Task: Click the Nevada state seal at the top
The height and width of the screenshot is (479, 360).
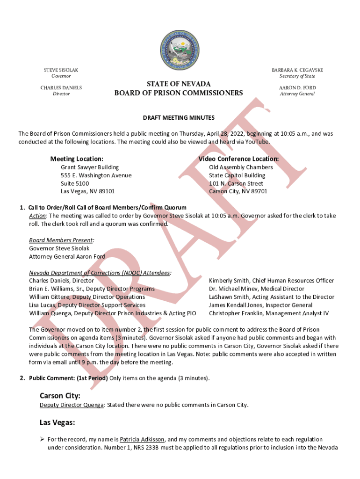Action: click(180, 50)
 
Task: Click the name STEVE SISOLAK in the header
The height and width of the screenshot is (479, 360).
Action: click(61, 70)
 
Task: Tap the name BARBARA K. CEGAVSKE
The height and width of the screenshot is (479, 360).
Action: click(297, 70)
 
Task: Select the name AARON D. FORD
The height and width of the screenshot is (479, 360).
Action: click(297, 88)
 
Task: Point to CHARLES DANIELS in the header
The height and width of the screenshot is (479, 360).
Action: click(61, 88)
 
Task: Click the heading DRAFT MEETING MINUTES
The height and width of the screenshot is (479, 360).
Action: click(179, 117)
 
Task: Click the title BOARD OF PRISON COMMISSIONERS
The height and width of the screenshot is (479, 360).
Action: click(179, 93)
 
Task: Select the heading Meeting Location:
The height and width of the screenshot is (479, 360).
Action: click(77, 159)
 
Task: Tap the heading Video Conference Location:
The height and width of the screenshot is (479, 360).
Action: click(238, 159)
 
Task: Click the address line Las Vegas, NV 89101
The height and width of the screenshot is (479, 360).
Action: click(88, 191)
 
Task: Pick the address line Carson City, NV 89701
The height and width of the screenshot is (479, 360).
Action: click(238, 191)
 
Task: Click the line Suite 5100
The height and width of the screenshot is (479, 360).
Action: click(75, 183)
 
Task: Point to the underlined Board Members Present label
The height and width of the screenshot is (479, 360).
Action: click(61, 240)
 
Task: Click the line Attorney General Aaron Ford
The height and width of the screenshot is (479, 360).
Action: click(67, 256)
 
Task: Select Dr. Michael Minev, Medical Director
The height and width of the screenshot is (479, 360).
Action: click(256, 289)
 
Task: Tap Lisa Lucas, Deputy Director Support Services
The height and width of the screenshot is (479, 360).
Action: click(87, 305)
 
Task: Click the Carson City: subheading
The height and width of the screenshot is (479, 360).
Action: click(60, 396)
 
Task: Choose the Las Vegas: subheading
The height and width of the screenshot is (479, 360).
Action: click(57, 423)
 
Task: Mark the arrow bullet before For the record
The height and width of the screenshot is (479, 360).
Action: click(42, 440)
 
